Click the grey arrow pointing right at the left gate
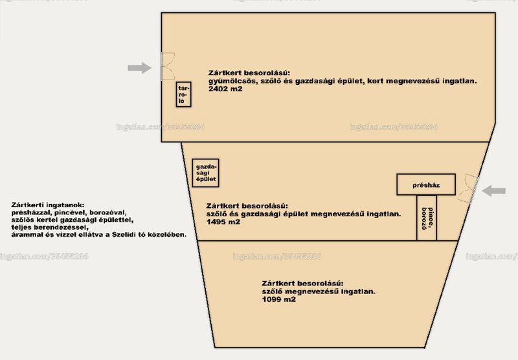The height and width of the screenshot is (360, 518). pyautogui.click(x=139, y=68)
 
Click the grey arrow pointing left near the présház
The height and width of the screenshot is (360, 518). pyautogui.click(x=494, y=190)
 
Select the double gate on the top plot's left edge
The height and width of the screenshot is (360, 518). pyautogui.click(x=161, y=66)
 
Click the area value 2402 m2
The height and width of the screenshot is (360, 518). pyautogui.click(x=225, y=89)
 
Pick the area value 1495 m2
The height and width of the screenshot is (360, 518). pyautogui.click(x=223, y=222)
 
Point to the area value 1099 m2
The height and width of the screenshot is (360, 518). pyautogui.click(x=279, y=300)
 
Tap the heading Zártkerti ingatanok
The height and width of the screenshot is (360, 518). pyautogui.click(x=48, y=205)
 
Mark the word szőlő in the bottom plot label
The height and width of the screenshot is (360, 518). pyautogui.click(x=272, y=291)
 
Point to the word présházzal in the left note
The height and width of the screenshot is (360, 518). pyautogui.click(x=31, y=213)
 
